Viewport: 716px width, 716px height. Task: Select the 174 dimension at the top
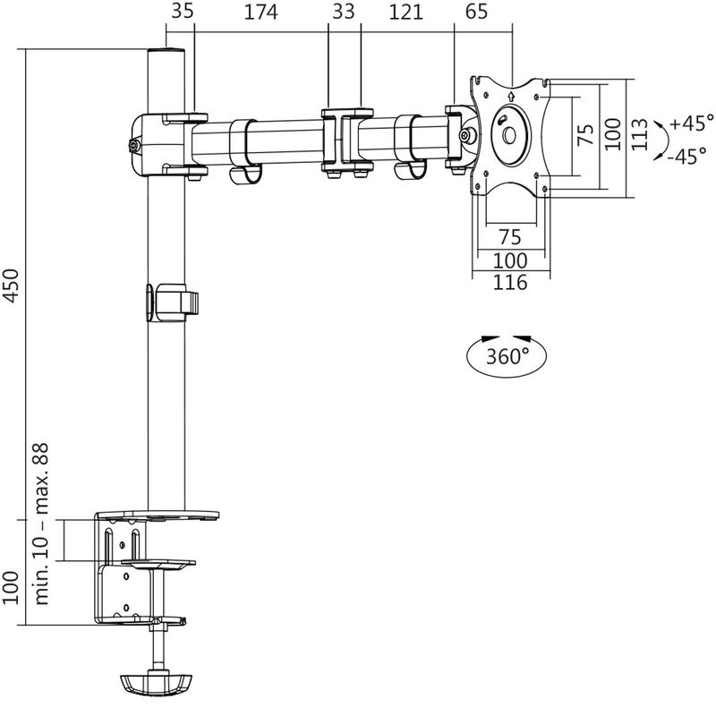[x=260, y=13]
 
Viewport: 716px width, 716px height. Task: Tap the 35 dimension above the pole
[x=182, y=13]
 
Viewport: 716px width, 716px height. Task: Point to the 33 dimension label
[x=344, y=13]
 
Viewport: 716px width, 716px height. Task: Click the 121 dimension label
[x=406, y=13]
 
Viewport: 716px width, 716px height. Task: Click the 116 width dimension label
[x=508, y=284]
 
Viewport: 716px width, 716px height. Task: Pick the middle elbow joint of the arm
[x=345, y=141]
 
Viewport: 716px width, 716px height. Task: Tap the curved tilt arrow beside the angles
[x=661, y=139]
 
